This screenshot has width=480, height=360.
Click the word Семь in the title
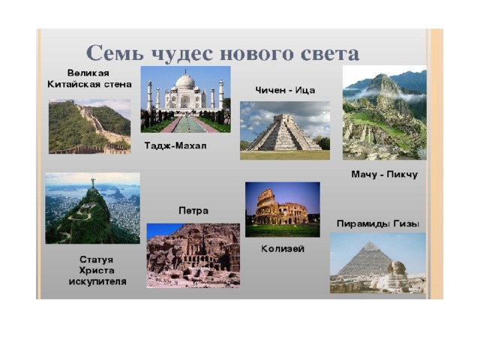point(115,52)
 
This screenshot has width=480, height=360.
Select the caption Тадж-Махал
point(175,145)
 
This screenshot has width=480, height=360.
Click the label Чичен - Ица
point(285,90)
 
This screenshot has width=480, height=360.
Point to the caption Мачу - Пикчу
point(385,175)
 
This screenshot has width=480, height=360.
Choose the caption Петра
point(193,211)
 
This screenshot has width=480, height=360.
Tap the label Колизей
point(283,249)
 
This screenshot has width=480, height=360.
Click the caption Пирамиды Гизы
point(378,223)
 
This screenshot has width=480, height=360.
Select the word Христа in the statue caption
point(97,271)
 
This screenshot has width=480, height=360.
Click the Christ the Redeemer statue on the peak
point(93,183)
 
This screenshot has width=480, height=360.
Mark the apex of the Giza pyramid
point(370,242)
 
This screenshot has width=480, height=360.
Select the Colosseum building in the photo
point(280,208)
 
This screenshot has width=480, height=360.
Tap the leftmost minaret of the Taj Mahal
point(149,95)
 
